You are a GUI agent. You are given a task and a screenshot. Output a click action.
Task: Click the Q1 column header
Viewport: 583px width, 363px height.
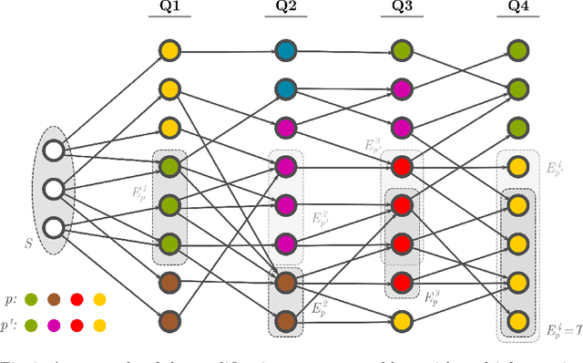coord(169,14)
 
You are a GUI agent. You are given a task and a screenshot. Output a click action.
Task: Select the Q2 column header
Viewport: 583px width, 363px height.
coord(287,14)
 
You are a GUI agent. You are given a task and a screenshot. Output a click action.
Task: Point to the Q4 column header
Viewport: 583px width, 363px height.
coord(517,14)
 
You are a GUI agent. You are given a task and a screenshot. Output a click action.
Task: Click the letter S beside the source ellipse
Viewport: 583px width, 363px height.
coord(28,244)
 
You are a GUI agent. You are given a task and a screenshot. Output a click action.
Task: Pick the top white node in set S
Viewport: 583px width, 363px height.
coord(53,150)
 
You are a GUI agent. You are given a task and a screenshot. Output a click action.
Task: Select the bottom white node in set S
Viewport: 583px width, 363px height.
coord(53,227)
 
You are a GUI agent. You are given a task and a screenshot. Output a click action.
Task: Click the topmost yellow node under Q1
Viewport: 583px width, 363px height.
coord(169,50)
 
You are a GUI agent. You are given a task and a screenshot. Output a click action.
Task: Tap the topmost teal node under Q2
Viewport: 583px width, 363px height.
coord(287,50)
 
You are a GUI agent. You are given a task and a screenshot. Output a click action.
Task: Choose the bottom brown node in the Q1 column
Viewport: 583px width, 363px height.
coord(169,320)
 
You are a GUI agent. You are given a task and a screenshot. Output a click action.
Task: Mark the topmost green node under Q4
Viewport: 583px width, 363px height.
coord(517,50)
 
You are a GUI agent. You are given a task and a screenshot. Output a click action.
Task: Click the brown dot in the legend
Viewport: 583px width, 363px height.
coord(55,299)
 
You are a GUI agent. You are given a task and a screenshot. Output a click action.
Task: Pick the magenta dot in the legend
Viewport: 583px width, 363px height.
coord(55,324)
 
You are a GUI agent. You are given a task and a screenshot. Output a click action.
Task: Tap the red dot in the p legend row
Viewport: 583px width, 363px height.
coord(77,299)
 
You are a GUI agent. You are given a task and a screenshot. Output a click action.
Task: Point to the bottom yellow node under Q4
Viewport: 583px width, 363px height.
coord(517,320)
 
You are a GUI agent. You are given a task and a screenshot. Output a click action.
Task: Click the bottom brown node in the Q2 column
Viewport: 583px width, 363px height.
coord(287,320)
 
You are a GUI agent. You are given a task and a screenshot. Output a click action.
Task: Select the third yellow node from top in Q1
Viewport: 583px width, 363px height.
coord(169,128)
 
